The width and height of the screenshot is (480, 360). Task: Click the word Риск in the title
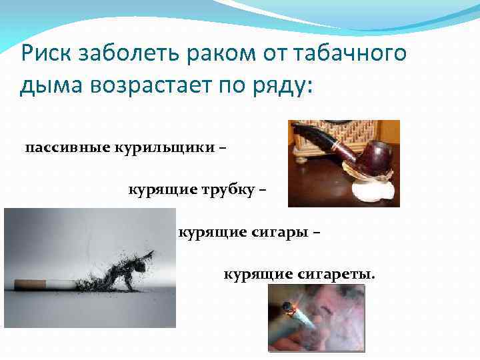click(47, 53)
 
